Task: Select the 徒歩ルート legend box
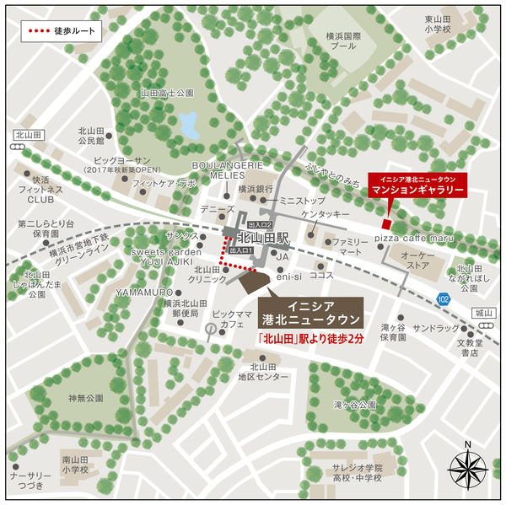63,32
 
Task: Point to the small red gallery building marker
385,223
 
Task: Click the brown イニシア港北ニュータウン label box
310,312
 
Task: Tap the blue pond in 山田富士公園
191,125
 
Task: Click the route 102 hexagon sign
444,299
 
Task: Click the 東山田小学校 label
439,24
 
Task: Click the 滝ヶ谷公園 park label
354,405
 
